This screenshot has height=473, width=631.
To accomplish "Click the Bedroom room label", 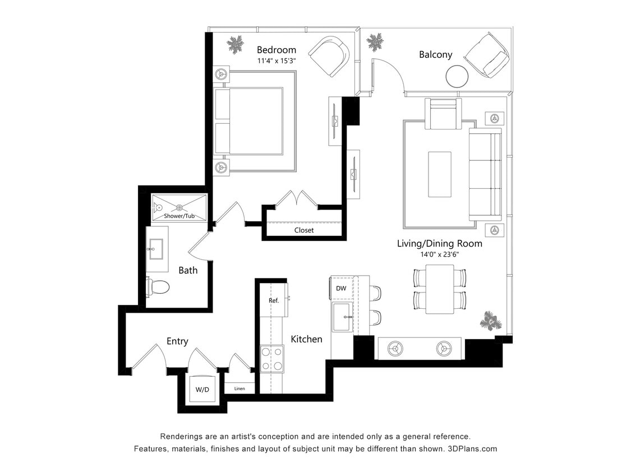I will pos(276,50).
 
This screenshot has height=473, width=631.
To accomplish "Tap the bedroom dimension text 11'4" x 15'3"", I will pos(276,61).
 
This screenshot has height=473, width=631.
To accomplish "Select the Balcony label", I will pos(435,54).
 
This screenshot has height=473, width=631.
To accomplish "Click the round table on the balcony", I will pos(457,76).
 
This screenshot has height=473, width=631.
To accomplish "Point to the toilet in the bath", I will pos(158,287).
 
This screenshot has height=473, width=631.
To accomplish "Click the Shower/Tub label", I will pos(179,216).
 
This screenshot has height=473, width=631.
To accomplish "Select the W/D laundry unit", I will pos(202,389).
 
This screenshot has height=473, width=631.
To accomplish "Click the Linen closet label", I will pos(239,388).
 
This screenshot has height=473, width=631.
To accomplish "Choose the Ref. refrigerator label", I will pos(274,300).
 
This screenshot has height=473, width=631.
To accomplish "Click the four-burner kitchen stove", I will pos(272,359).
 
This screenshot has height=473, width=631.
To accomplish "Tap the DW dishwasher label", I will pos(341,288).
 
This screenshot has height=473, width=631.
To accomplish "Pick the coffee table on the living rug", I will pos(440,174).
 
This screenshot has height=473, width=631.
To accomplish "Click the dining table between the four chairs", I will pos(440,289).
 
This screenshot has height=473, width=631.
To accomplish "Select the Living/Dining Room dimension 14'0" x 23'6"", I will pos(439,254).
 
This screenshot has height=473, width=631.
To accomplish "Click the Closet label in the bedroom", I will pos(304,230).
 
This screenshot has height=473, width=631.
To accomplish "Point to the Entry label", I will pos(177,341).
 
